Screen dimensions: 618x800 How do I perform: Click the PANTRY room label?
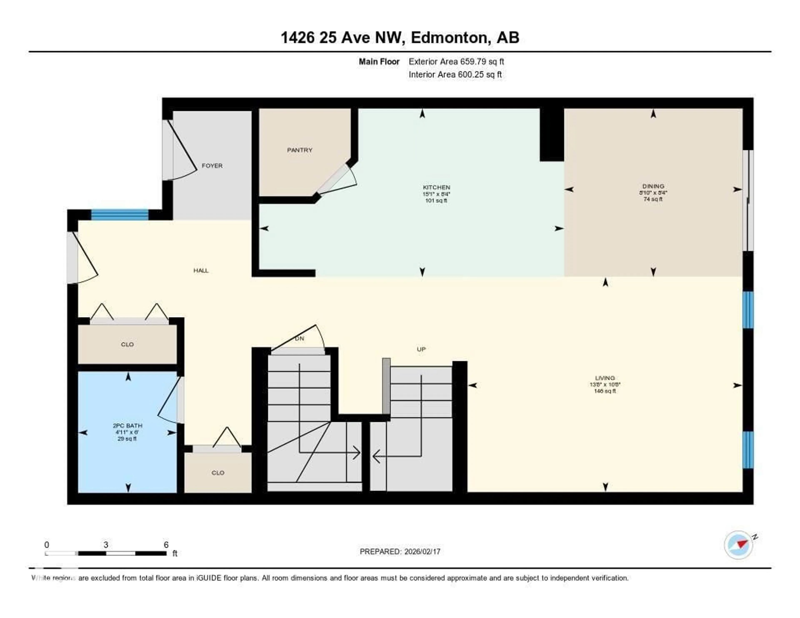(300, 150)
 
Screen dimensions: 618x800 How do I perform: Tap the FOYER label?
(212, 166)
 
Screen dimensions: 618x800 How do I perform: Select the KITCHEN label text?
(436, 187)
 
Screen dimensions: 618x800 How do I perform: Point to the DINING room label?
(653, 186)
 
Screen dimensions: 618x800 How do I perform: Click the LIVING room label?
(605, 378)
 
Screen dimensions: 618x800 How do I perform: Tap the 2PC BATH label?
(127, 426)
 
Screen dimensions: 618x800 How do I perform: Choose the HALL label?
(201, 270)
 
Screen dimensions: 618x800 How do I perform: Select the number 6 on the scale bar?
(166, 545)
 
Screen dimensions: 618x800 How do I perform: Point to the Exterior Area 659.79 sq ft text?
(456, 61)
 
